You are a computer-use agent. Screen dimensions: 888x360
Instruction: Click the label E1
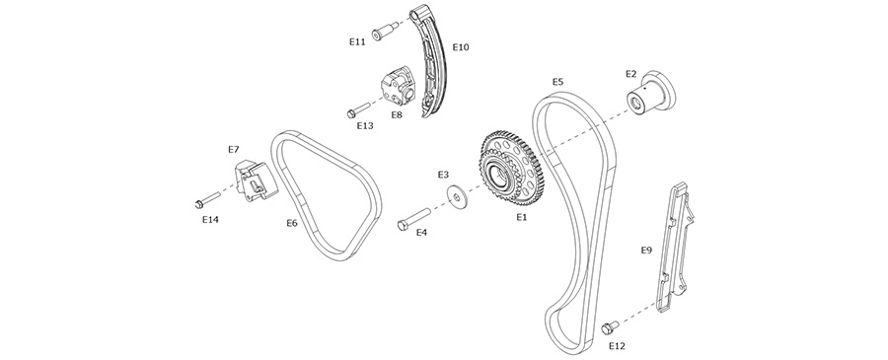coord(522,216)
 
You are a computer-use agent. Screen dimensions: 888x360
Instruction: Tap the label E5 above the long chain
coord(557,82)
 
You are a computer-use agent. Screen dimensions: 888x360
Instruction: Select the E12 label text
coord(618,346)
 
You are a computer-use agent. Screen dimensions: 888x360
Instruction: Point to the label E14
coord(210,220)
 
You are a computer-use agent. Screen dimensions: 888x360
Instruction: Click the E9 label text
coord(646,250)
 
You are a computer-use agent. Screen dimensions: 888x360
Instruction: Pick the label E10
coord(461,47)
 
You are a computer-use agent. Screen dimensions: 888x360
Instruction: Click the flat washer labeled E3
coord(456,194)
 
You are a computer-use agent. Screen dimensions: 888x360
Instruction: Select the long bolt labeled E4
coord(414,219)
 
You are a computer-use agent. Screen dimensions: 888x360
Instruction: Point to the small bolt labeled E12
coord(611,326)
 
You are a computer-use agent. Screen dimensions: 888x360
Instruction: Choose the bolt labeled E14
coord(207,200)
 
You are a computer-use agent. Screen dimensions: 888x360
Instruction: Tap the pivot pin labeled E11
coord(385,32)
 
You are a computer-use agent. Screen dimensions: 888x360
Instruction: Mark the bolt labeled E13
coord(358,109)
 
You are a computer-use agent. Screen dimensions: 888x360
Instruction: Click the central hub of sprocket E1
coord(496,173)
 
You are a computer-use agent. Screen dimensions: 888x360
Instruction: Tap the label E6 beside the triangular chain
coord(292,223)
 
